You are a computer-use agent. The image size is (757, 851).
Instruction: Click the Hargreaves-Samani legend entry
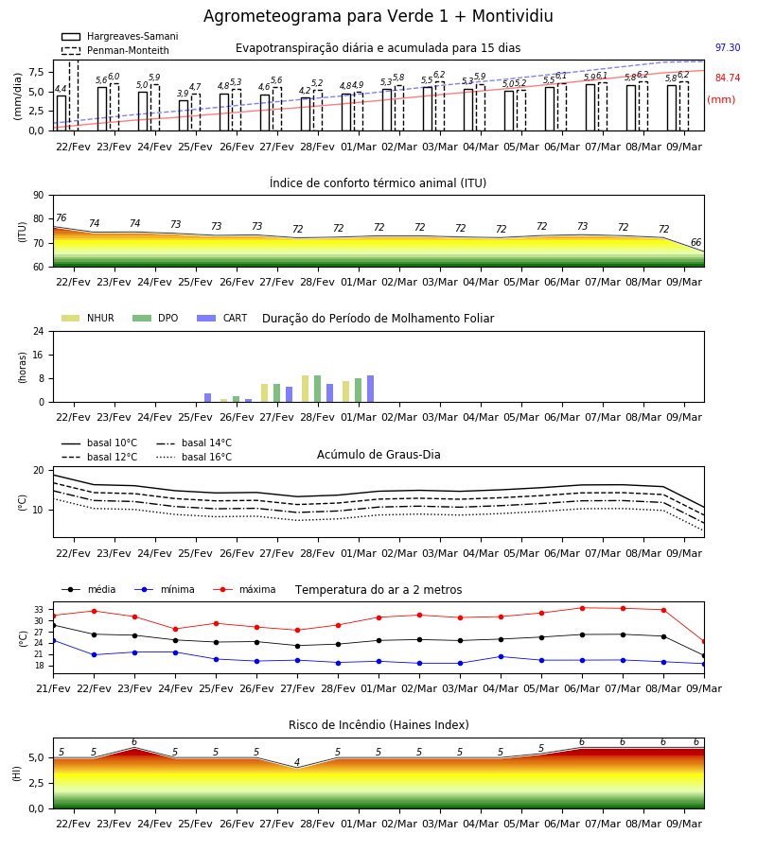119,36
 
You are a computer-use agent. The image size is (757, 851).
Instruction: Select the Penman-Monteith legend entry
115,50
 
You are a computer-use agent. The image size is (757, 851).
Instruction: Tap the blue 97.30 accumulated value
728,48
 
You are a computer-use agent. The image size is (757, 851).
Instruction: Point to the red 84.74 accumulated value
728,78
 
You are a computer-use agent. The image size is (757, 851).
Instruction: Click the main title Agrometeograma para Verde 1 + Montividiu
378,16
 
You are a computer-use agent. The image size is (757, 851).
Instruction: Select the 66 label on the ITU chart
695,242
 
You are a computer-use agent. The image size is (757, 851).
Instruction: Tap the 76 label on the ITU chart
61,217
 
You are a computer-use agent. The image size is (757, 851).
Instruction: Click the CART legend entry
222,318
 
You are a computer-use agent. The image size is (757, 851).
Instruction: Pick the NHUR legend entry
88,318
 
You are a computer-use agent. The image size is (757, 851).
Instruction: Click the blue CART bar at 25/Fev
207,398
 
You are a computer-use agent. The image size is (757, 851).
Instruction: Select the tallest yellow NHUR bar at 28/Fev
306,389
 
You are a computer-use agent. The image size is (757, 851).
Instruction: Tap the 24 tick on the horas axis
39,331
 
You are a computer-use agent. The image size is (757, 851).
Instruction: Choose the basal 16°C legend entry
194,457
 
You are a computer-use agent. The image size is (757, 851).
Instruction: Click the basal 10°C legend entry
99,443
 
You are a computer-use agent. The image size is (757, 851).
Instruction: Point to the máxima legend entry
244,589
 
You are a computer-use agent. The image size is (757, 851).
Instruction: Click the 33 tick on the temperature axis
39,610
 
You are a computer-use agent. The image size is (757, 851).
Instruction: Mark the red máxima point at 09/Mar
704,641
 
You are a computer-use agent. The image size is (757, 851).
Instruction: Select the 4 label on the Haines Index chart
297,762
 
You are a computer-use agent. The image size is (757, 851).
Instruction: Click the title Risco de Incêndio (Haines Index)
378,725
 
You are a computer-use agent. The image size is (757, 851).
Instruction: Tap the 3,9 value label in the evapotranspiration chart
183,94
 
